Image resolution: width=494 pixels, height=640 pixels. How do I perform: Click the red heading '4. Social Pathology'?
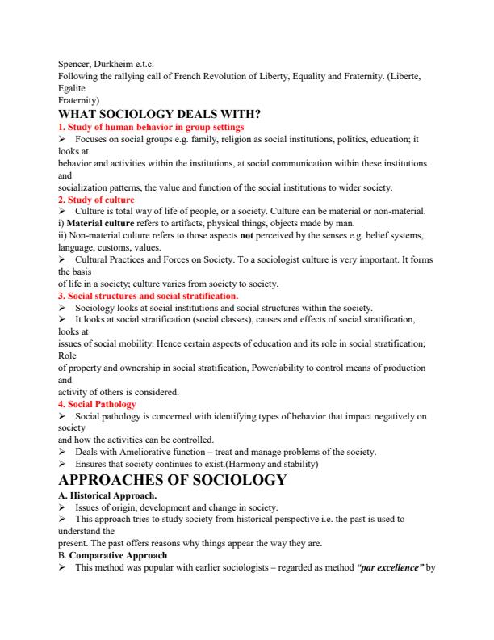pos(97,403)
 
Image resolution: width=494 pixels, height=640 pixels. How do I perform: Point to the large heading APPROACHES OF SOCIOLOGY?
pos(173,480)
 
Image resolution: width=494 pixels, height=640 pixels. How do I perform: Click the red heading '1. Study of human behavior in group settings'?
pos(151,127)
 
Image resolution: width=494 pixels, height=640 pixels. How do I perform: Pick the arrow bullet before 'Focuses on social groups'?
pos(62,139)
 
